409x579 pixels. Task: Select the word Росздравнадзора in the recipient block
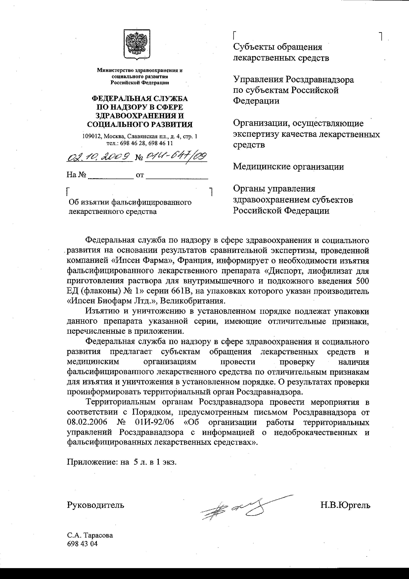[x=320, y=80]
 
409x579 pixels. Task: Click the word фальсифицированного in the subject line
[x=151, y=202]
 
